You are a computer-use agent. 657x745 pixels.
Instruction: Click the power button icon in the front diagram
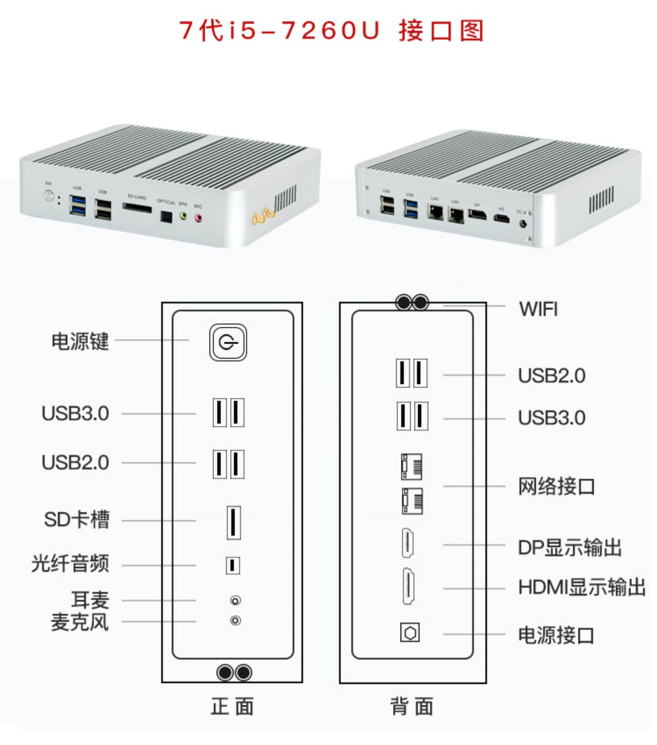tap(228, 342)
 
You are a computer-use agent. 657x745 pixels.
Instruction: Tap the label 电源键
tap(80, 341)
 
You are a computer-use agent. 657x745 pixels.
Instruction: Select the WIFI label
tap(538, 309)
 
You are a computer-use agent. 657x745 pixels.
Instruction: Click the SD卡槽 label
tap(77, 520)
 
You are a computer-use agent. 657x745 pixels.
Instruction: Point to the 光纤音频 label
tap(70, 564)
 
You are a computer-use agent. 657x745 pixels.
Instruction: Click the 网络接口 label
tap(556, 487)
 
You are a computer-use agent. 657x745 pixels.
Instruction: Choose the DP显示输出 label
tap(569, 548)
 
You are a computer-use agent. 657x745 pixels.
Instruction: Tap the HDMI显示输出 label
tap(582, 588)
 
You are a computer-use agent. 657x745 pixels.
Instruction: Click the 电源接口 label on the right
tap(556, 635)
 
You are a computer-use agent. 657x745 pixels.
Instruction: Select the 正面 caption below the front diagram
tap(232, 706)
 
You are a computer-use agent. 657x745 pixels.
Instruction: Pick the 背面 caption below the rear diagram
tap(412, 706)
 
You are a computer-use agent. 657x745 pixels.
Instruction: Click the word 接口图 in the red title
tap(441, 31)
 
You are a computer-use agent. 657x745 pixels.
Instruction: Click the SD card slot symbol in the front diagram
tap(233, 522)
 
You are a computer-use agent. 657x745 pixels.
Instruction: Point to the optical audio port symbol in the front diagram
tap(233, 565)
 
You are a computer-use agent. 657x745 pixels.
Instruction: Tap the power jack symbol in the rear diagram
tap(410, 632)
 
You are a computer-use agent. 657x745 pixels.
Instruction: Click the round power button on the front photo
tap(49, 196)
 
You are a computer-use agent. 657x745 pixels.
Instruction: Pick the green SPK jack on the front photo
tap(184, 216)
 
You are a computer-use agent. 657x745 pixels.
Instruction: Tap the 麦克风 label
tap(80, 622)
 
